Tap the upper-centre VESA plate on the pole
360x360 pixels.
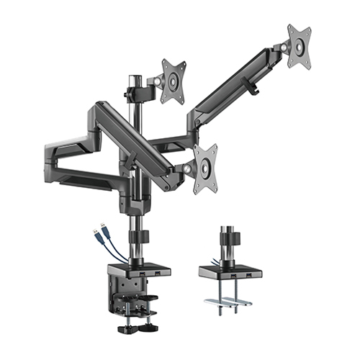point(173,81)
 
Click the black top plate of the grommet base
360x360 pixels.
point(228,269)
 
